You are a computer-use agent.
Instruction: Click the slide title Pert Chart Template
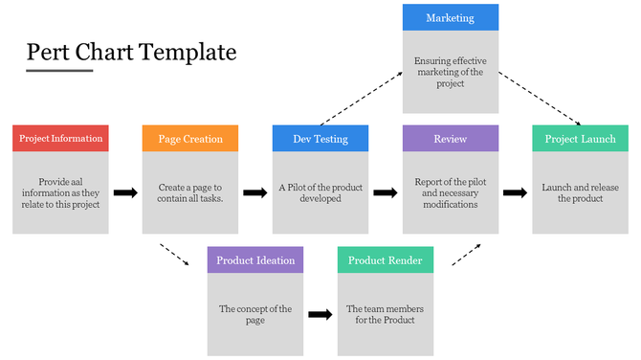[131, 52]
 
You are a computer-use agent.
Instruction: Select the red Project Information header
[60, 139]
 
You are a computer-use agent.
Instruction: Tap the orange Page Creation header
[190, 139]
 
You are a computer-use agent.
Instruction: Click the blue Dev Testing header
[320, 139]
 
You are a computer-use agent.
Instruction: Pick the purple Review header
[451, 139]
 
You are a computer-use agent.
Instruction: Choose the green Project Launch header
[581, 139]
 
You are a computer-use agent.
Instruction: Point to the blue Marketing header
[451, 18]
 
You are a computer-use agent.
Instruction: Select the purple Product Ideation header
[255, 260]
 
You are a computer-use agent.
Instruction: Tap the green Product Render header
[386, 260]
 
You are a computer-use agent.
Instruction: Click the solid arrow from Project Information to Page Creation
[125, 192]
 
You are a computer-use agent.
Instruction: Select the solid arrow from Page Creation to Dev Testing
[255, 192]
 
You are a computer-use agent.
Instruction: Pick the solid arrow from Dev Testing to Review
[386, 192]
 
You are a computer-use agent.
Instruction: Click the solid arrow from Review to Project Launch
[516, 192]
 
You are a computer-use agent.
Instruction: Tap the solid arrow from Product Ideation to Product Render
[320, 313]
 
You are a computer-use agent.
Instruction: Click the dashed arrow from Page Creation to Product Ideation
[174, 256]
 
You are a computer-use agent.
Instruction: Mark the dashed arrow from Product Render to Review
[466, 253]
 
